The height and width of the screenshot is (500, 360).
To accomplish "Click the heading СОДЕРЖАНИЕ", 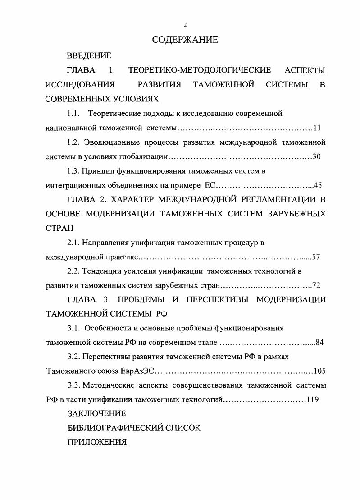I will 185,40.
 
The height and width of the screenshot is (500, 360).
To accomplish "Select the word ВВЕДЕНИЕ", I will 89,56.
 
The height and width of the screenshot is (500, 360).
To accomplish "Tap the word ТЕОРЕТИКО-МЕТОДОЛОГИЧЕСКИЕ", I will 200,70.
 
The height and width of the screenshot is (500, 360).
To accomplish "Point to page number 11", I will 317,128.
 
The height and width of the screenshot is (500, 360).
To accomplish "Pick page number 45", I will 318,185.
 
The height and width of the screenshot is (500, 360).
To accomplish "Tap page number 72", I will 316,286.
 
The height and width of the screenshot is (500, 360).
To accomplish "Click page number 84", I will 319,342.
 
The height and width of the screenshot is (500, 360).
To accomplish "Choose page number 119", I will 313,399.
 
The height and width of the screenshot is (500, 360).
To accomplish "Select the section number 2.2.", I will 73,271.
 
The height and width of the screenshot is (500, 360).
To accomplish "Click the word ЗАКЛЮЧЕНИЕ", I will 96,413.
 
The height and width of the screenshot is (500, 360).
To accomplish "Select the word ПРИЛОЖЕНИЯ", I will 96,442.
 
